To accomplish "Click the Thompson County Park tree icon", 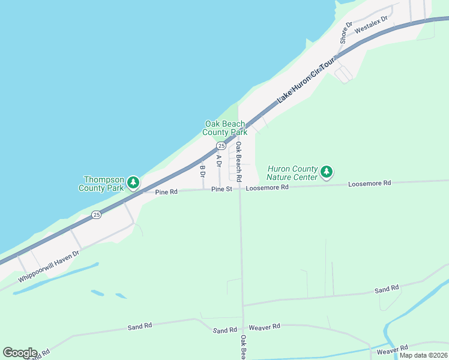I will click(133, 182).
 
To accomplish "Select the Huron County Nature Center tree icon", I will click(326, 173).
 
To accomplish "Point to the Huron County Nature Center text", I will click(292, 173).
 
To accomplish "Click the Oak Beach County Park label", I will click(225, 128).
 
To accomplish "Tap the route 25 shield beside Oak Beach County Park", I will click(221, 146).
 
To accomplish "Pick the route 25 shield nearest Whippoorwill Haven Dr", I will click(95, 214).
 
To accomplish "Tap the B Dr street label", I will click(202, 171).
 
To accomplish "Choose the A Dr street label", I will click(219, 161).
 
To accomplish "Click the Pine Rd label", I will click(166, 192).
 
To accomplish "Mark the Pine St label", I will click(221, 189).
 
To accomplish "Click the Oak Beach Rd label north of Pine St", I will click(238, 162).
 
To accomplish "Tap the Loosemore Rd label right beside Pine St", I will click(267, 187).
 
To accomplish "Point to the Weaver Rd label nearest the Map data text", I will click(392, 348).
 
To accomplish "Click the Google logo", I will click(20, 353).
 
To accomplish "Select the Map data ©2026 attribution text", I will click(423, 355).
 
